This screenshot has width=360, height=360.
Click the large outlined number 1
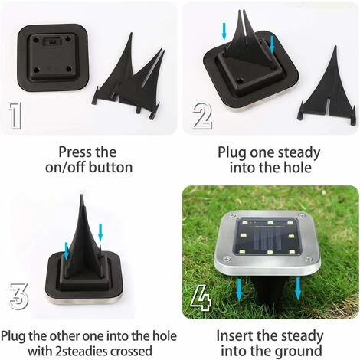15,116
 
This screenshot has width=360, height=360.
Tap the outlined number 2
202,116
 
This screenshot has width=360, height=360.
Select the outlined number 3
18,296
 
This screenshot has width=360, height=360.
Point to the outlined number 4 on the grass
201,298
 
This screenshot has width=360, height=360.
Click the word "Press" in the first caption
74,152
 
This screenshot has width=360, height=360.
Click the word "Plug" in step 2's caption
232,153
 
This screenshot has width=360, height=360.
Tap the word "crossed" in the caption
131,351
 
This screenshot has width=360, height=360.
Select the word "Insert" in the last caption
234,335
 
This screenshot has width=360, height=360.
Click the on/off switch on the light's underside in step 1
53,41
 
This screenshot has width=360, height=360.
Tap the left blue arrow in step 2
224,31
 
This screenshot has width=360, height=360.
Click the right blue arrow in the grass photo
298,289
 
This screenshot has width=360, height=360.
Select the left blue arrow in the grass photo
239,290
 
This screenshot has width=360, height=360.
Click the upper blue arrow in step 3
100,232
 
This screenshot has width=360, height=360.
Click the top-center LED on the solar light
270,223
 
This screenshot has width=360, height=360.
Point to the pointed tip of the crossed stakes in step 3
81,195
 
